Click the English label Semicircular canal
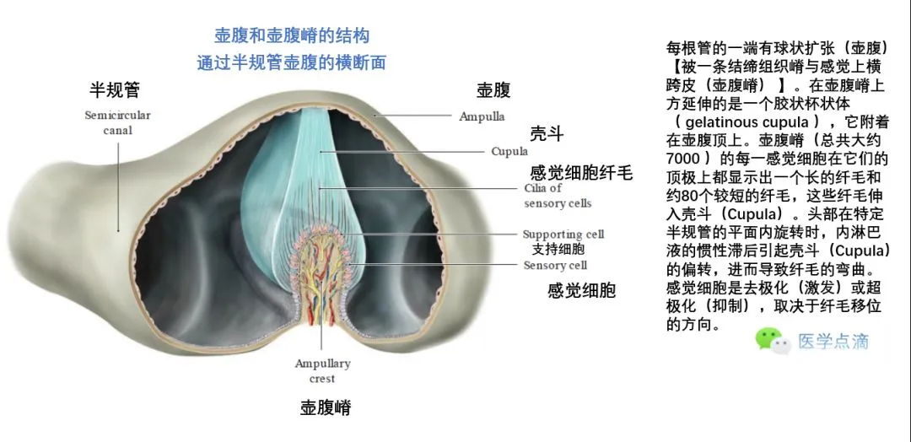click(x=117, y=122)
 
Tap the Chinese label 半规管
click(x=115, y=89)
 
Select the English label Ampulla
click(x=482, y=116)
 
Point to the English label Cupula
click(x=509, y=152)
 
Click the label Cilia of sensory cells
click(x=558, y=196)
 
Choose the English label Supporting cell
click(x=563, y=234)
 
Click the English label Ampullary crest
click(x=322, y=371)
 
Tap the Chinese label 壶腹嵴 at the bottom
click(x=326, y=408)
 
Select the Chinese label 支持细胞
click(x=558, y=250)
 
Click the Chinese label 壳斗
click(x=546, y=134)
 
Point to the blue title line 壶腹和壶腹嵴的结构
click(x=292, y=36)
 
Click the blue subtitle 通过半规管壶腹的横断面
click(x=292, y=62)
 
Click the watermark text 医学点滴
click(x=833, y=341)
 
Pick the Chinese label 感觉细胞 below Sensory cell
click(x=581, y=291)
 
